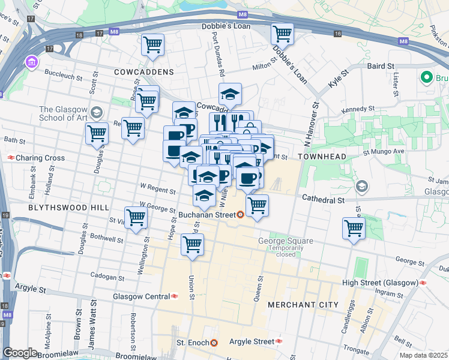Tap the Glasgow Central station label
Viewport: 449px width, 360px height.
point(141,296)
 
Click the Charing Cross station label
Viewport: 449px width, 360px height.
point(40,158)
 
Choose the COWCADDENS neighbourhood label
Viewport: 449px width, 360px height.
point(144,72)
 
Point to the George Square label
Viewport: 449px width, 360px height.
point(286,241)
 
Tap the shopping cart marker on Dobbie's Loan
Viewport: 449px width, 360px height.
point(282,34)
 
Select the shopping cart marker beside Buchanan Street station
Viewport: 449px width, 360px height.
point(257,205)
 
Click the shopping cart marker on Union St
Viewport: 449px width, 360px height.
point(192,244)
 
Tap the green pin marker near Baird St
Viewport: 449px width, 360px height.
point(427,77)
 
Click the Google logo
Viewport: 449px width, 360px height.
point(20,353)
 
